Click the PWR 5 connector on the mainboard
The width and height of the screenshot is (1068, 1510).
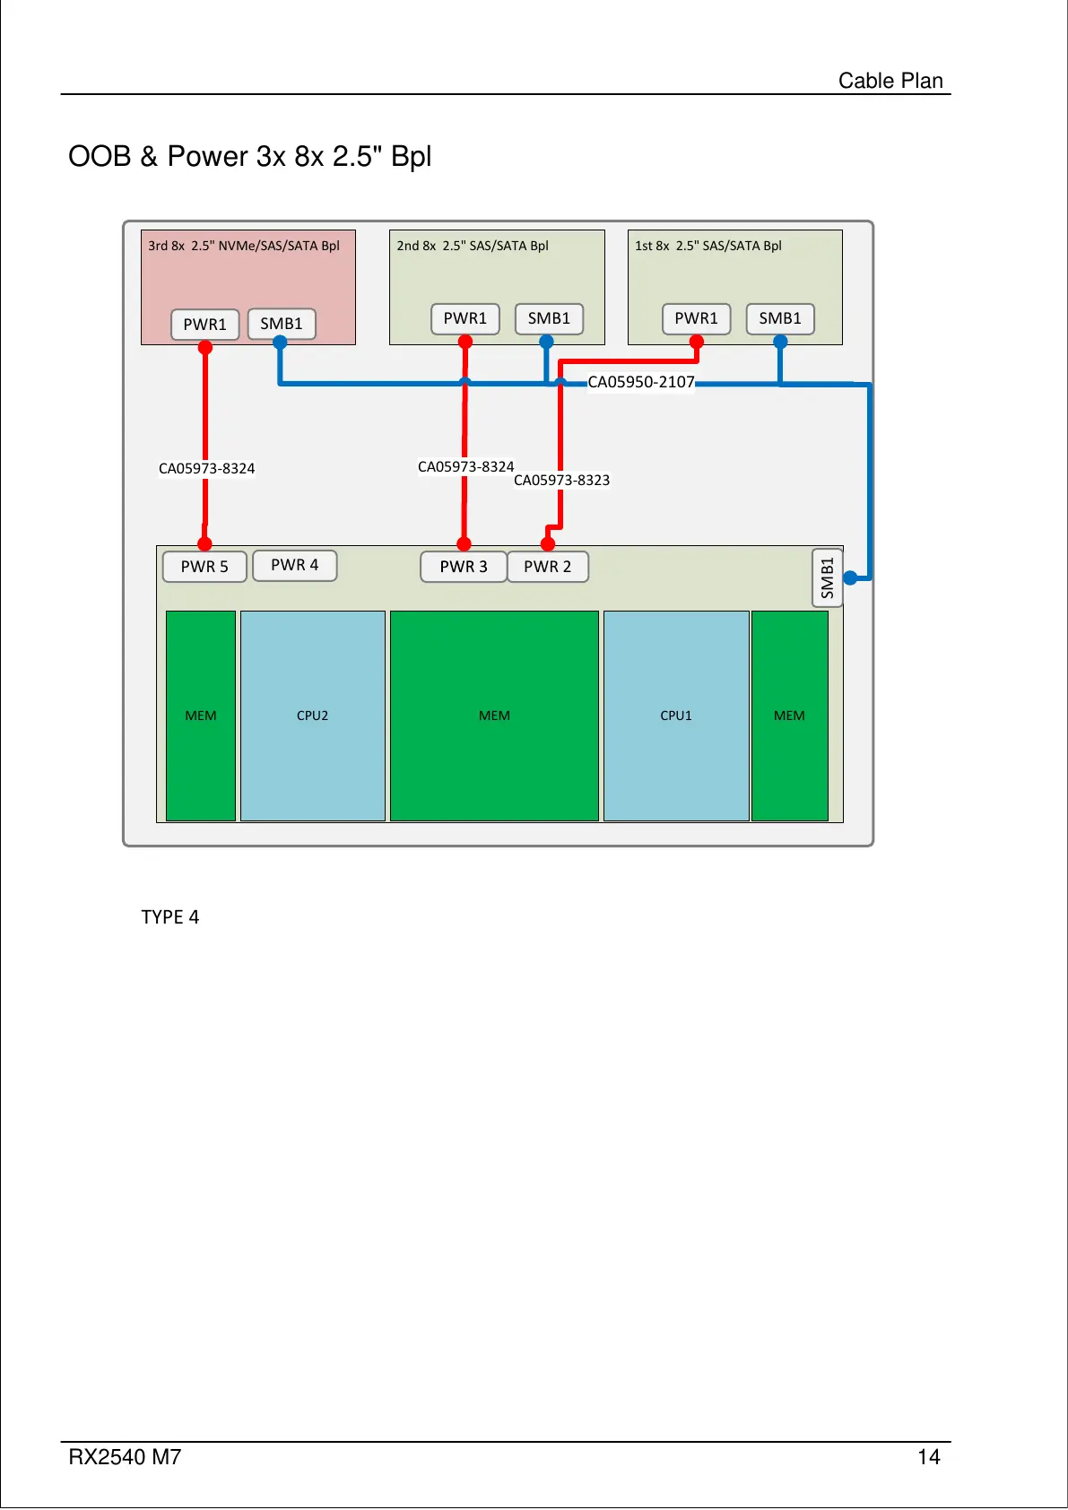tap(204, 567)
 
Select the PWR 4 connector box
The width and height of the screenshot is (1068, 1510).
tap(294, 565)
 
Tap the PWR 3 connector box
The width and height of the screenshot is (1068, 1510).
tap(463, 567)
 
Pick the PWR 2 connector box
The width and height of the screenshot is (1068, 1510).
tap(547, 567)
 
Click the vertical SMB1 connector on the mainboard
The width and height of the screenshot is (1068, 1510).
tap(827, 577)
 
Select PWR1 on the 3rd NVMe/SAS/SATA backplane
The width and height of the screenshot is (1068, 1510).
tap(204, 325)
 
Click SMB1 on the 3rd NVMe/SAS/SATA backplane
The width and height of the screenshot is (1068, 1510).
tap(281, 324)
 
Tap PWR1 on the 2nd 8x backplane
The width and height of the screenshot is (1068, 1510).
tap(465, 318)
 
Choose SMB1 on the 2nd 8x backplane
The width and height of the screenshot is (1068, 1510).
tap(549, 318)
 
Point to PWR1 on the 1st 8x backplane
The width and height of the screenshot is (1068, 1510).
tap(696, 318)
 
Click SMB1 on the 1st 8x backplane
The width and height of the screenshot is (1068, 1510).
tap(780, 318)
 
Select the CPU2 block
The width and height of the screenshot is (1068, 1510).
tap(312, 716)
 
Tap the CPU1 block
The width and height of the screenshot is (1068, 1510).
tap(676, 716)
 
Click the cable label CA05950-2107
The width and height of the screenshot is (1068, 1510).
tap(640, 382)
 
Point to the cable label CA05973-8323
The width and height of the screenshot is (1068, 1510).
tap(561, 481)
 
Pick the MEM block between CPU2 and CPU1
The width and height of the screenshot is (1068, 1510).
tap(494, 716)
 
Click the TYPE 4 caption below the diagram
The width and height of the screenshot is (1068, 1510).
tap(169, 916)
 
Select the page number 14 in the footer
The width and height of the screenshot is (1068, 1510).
tap(928, 1457)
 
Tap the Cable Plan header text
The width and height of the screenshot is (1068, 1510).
tap(890, 81)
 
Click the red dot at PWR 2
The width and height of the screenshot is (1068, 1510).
tap(548, 543)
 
